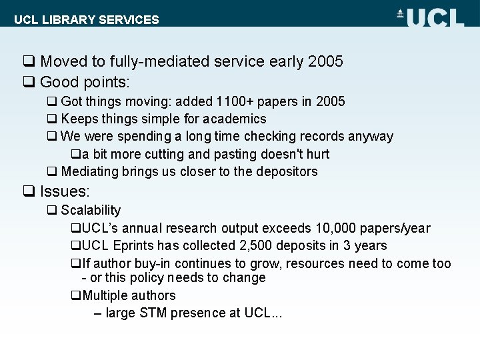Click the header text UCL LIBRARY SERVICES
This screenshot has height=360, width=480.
[87, 19]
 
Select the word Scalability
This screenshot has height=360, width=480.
[91, 210]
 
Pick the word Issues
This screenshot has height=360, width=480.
[64, 191]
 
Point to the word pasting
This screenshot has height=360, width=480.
[239, 154]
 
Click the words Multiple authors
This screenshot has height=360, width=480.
[129, 295]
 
